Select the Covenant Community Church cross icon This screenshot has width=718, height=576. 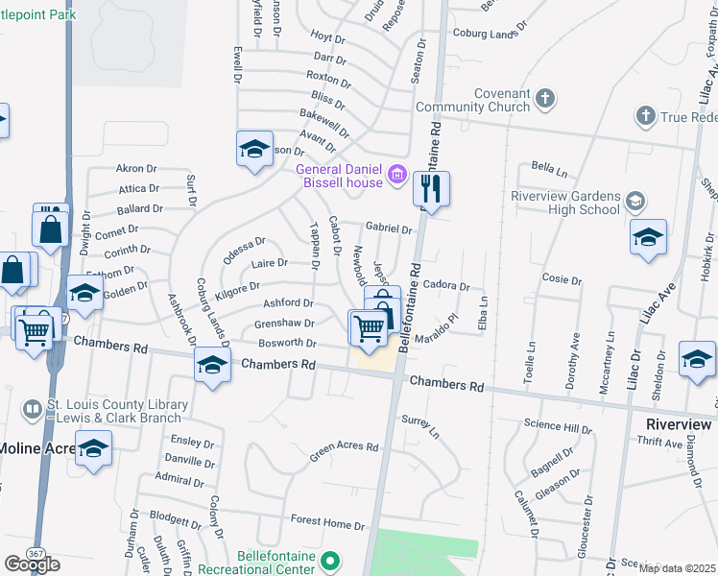(x=544, y=98)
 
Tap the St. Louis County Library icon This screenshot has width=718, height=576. (x=32, y=411)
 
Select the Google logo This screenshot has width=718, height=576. (x=32, y=564)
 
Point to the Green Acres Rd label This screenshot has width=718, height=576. (x=344, y=447)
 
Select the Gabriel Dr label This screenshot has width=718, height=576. (x=388, y=229)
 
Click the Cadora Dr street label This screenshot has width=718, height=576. (x=446, y=286)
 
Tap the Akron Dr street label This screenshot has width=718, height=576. (x=135, y=168)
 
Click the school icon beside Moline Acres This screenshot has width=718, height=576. (x=94, y=448)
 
